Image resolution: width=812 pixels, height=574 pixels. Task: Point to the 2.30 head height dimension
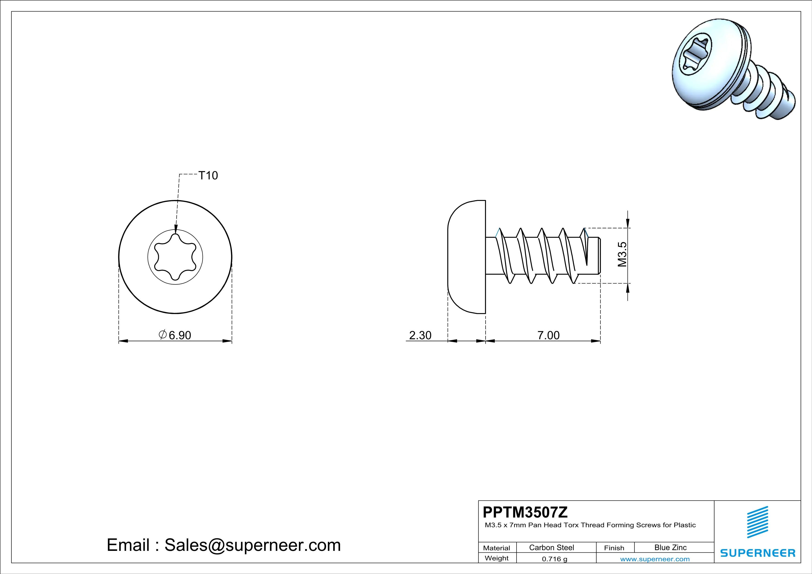tap(420, 335)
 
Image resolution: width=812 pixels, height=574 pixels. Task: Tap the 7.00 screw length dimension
tap(549, 335)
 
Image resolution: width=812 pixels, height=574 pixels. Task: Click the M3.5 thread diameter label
tap(622, 255)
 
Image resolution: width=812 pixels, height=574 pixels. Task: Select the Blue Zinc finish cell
tap(671, 547)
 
